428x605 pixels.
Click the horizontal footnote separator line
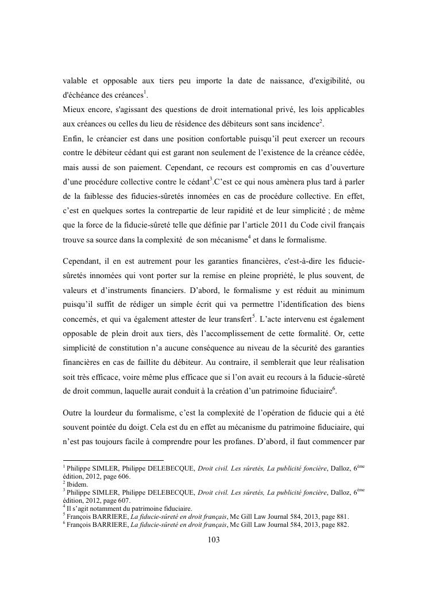point(113,460)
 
